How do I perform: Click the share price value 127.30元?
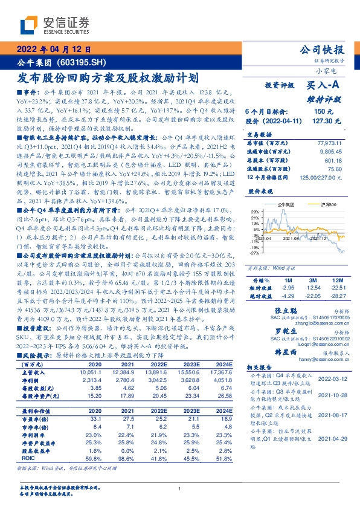(323, 121)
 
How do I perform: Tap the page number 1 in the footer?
(180, 488)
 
